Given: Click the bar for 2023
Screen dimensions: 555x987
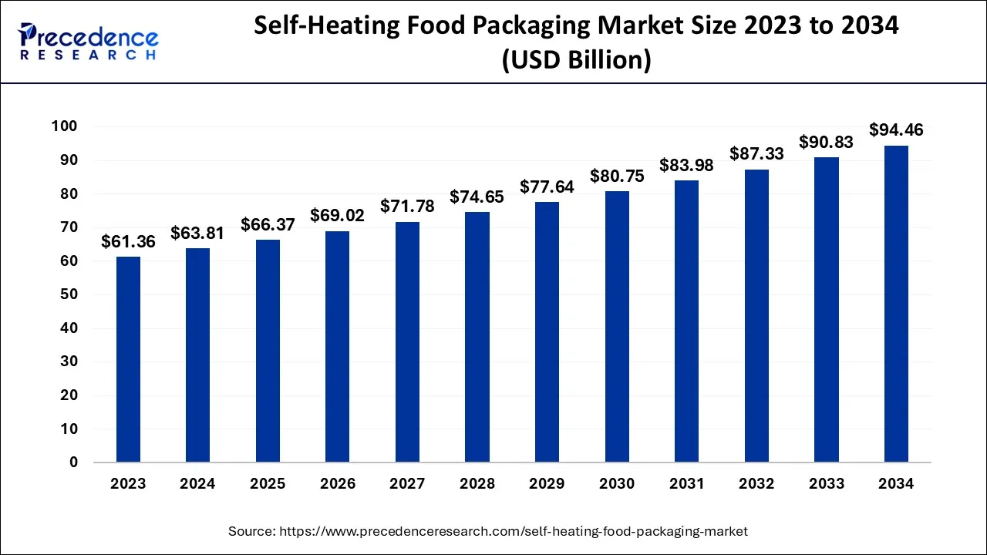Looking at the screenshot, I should (x=128, y=359).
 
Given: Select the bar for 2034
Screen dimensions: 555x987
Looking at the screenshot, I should (x=895, y=304).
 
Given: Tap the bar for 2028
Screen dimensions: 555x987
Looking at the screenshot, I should (x=477, y=337).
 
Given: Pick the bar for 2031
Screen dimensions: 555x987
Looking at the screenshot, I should (x=686, y=321).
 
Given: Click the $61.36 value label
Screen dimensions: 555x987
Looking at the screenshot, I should (x=128, y=242).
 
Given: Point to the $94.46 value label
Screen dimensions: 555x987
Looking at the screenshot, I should (x=895, y=130).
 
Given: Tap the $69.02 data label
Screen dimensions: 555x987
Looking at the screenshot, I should (x=337, y=216).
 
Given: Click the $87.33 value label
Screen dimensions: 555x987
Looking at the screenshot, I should (x=756, y=154).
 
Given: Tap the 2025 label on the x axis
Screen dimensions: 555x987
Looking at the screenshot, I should (x=268, y=484).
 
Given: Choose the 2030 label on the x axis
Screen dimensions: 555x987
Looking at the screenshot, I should (x=616, y=484).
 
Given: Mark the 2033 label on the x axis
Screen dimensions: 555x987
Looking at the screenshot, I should (x=826, y=484).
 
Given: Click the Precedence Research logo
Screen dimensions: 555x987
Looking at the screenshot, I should (x=89, y=41).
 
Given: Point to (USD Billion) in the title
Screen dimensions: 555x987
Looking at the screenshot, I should (x=576, y=59).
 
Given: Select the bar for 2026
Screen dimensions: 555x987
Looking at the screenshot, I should (x=337, y=347).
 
